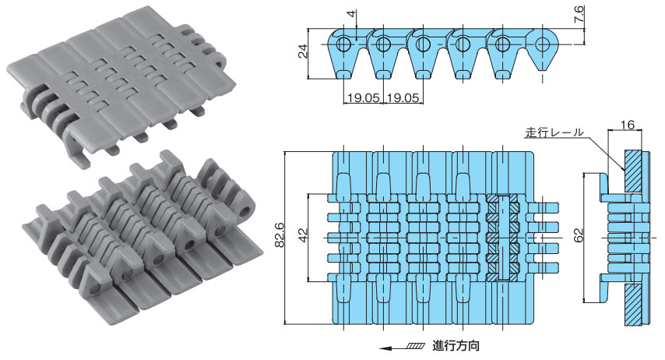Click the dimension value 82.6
point(279,235)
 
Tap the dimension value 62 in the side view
point(578,236)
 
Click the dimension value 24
point(304,53)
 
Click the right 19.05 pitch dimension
point(402,99)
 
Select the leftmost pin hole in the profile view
point(341,44)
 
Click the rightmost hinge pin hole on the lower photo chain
point(247,211)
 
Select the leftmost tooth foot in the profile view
point(343,74)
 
